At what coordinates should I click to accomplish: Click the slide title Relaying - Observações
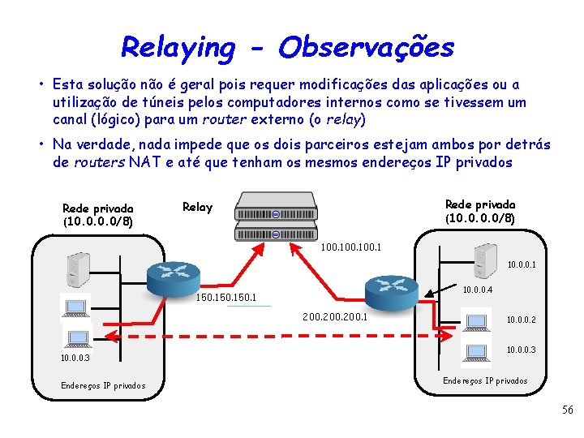(x=287, y=47)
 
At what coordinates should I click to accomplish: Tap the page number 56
(x=568, y=410)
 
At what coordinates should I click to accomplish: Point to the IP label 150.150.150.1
(x=227, y=298)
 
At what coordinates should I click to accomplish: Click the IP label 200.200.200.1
(x=334, y=316)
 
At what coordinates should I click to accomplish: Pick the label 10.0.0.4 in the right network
(x=478, y=290)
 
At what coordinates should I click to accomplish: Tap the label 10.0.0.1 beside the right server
(x=522, y=264)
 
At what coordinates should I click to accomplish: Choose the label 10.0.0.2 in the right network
(x=522, y=320)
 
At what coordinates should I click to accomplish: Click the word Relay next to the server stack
(x=197, y=207)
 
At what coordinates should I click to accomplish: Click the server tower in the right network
(x=486, y=258)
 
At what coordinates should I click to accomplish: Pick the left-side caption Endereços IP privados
(x=103, y=385)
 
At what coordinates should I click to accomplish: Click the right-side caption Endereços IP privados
(x=485, y=380)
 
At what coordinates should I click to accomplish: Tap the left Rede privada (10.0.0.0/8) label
(x=97, y=214)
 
